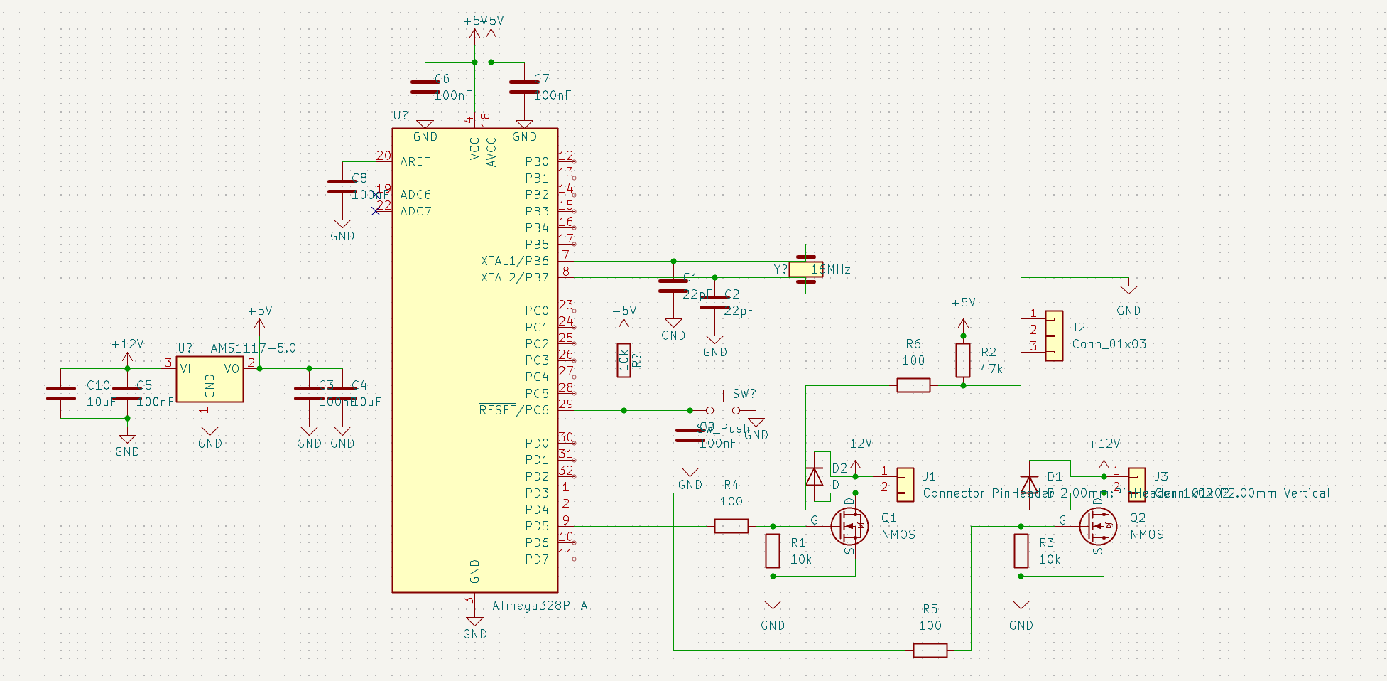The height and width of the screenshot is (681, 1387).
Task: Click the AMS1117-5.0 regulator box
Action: point(210,380)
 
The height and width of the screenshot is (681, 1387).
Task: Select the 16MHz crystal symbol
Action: point(805,269)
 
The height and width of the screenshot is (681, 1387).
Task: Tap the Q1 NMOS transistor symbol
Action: point(849,526)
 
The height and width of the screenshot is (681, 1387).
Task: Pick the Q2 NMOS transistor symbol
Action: point(1097,526)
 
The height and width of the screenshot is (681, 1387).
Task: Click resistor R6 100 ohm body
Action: point(913,385)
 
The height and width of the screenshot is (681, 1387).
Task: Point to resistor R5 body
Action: point(930,650)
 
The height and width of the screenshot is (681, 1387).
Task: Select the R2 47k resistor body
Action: point(963,360)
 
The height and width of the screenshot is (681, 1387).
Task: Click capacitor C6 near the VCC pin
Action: point(425,87)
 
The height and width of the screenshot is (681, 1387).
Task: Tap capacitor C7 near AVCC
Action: point(524,87)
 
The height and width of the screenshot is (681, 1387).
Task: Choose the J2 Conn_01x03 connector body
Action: point(1054,336)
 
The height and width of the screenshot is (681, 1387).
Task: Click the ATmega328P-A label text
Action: point(540,606)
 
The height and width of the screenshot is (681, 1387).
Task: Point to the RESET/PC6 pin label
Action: point(513,410)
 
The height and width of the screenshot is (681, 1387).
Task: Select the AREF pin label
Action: point(415,161)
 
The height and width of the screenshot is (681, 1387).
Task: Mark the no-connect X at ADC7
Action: point(376,211)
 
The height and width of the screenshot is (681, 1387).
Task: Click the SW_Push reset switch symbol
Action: point(723,407)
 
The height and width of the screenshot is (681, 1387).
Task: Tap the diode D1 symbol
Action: point(1028,485)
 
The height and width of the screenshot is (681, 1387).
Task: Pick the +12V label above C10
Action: point(127,344)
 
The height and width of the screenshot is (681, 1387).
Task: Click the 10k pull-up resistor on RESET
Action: point(624,360)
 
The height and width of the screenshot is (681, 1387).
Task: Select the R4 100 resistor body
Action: point(731,526)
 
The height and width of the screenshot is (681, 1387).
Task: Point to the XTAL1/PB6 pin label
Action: point(514,261)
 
